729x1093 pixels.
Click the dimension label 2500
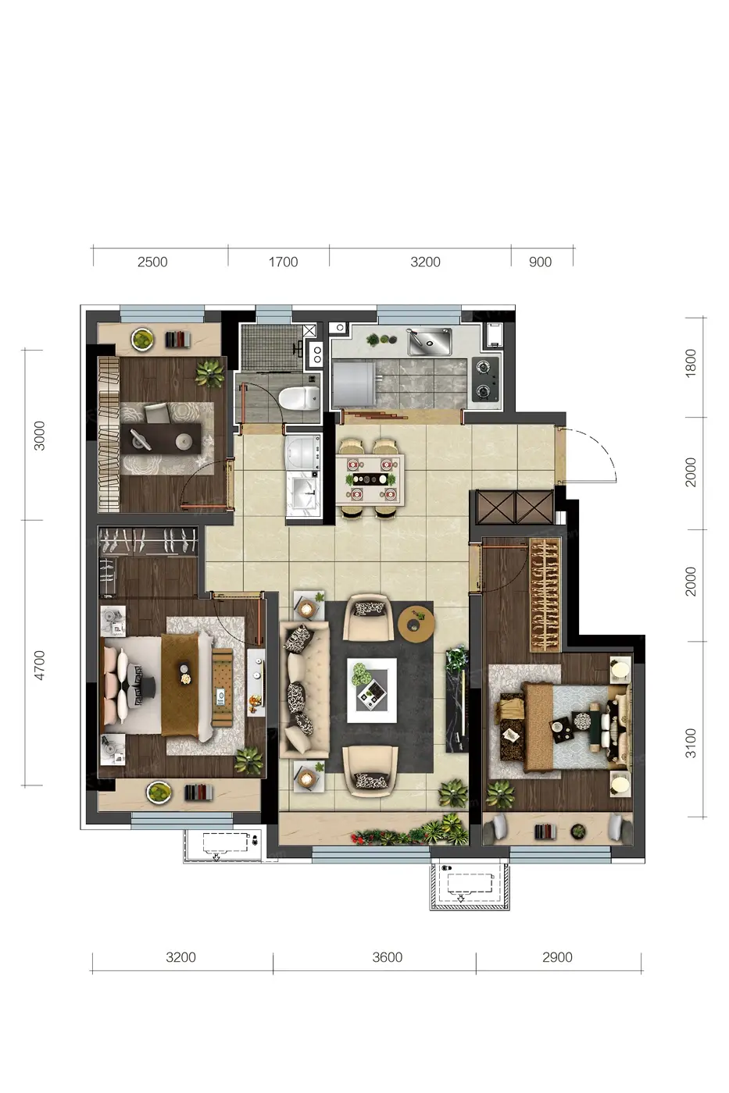point(152,262)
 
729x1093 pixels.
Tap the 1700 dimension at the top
point(283,262)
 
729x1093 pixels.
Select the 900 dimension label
point(540,262)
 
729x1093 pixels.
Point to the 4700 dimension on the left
point(40,665)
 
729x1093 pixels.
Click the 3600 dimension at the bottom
point(388,957)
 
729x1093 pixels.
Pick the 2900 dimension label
point(557,957)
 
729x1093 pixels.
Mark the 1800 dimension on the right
point(691,363)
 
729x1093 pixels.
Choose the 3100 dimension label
point(691,743)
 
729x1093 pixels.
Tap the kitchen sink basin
point(430,341)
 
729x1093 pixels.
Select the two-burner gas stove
point(485,379)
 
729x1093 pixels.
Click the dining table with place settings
point(370,479)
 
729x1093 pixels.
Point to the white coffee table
point(372,690)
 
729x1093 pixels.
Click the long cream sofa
point(304,689)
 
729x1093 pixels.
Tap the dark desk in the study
point(161,439)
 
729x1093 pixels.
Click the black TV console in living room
point(457,700)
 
